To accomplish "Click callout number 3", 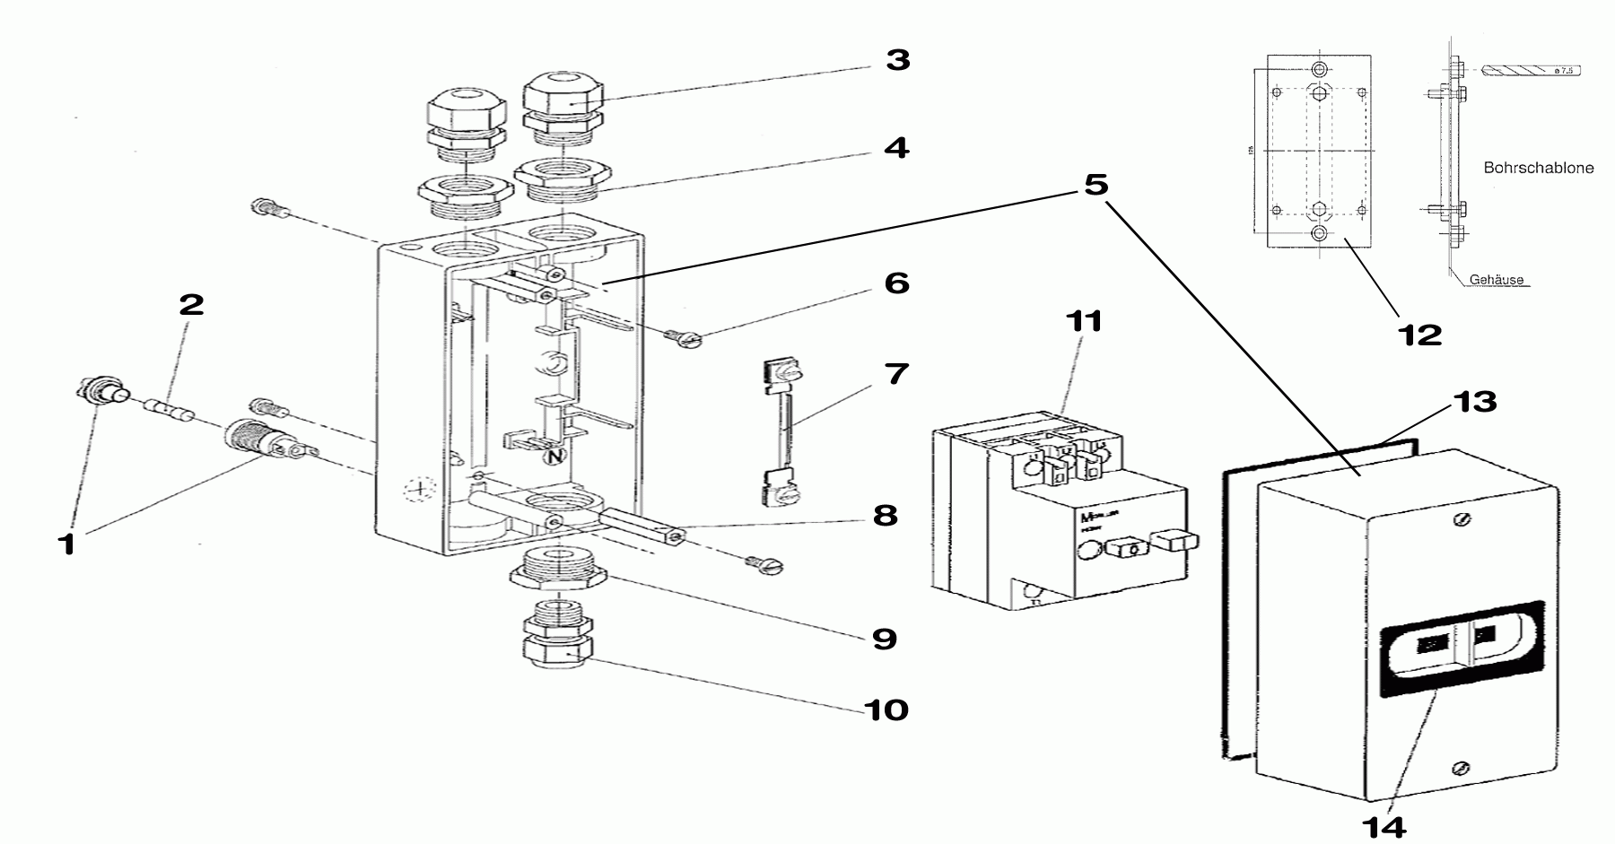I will click(896, 61).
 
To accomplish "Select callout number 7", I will click(895, 373).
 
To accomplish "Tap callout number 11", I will click(1084, 320).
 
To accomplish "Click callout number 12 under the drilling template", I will click(1419, 335).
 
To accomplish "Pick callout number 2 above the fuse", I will click(191, 305).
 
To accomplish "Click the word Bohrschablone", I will click(1538, 168).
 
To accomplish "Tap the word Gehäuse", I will click(1496, 280).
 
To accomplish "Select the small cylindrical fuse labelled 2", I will click(170, 413).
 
